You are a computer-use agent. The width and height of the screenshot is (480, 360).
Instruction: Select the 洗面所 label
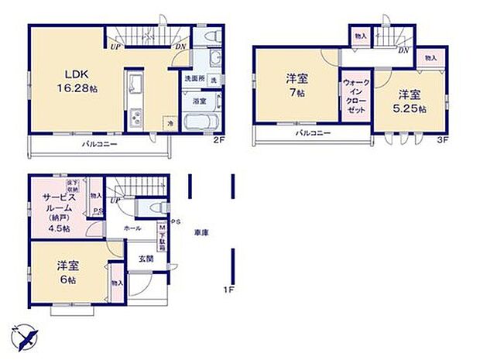193,79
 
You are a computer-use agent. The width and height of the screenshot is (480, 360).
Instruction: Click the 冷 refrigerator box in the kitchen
169,122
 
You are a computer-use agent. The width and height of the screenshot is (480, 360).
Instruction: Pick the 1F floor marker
228,290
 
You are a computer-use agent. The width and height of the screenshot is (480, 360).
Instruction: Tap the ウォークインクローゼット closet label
355,98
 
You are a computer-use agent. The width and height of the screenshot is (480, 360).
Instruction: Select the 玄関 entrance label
147,259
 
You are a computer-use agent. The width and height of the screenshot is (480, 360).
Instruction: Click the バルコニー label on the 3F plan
312,134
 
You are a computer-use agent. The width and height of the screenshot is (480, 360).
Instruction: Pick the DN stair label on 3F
403,50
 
